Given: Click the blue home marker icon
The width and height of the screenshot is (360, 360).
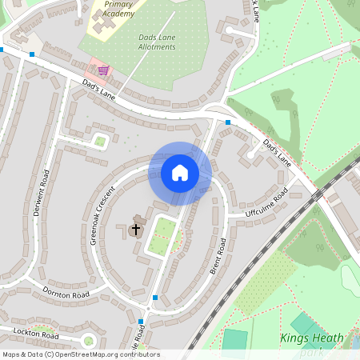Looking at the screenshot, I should point(180,173).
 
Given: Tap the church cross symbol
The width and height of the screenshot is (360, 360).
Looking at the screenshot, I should point(135,230).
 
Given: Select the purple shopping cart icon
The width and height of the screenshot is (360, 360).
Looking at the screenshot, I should point(103,70).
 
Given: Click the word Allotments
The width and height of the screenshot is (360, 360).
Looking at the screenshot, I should point(156,47).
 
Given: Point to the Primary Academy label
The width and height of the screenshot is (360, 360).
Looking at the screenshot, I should point(118,8).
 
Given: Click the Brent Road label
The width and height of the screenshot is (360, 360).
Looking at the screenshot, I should point(218,257).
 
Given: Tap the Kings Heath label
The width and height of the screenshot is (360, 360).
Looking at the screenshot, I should point(312,338).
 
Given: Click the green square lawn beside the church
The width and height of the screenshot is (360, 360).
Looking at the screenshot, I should point(163,236).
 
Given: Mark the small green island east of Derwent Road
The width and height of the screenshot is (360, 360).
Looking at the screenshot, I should point(99,142).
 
